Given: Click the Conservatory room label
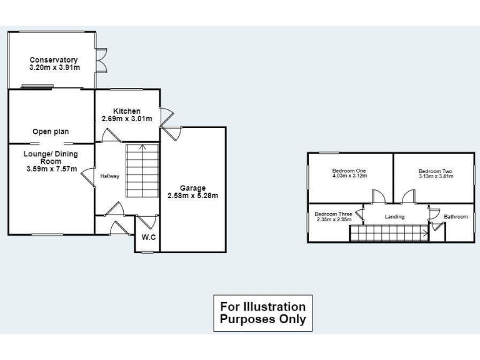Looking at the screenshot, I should [x=54, y=60].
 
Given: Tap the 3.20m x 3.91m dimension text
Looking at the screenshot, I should [x=54, y=67].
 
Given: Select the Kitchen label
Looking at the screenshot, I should [x=127, y=111].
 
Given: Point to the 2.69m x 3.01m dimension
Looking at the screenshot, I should [x=127, y=119].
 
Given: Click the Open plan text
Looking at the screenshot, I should [x=51, y=132].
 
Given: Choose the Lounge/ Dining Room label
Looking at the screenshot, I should [x=51, y=157].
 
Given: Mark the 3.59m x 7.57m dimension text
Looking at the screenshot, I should [x=51, y=169].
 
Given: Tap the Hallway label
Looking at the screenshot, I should [x=109, y=176].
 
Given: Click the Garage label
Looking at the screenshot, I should [x=192, y=188].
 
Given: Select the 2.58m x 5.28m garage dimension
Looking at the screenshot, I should [x=192, y=196].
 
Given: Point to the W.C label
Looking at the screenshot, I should [x=148, y=237].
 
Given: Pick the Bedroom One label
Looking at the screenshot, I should [x=349, y=171].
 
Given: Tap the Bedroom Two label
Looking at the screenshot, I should [x=435, y=171].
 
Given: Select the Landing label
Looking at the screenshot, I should [x=394, y=217].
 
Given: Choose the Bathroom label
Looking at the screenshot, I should [x=456, y=217].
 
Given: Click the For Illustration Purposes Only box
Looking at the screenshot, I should [x=262, y=313].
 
